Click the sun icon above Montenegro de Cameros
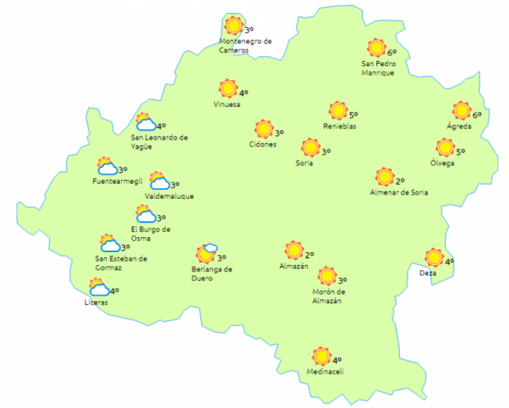click(x=233, y=26)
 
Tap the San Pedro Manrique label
click(x=377, y=68)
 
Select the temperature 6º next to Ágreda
click(x=477, y=115)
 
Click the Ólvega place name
click(x=442, y=163)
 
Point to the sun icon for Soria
click(x=310, y=148)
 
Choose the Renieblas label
click(x=339, y=127)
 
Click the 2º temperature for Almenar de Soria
click(x=400, y=181)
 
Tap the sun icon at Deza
click(x=433, y=258)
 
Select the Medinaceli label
click(x=324, y=371)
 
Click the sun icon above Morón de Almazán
click(x=327, y=276)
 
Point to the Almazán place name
click(x=293, y=266)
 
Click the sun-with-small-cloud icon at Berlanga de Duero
click(x=206, y=253)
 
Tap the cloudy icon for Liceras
click(x=98, y=288)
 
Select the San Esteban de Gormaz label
click(x=121, y=263)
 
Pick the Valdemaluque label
click(x=168, y=196)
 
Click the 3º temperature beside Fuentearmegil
click(x=123, y=169)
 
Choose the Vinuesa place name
click(x=227, y=105)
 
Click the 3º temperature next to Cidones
click(x=279, y=132)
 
